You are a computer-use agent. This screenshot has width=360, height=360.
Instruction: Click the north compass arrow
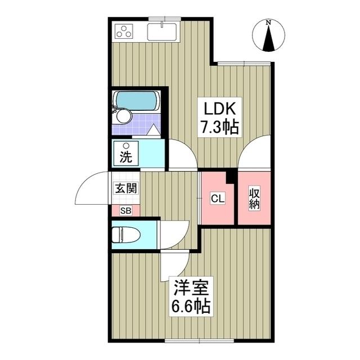tap(269, 38)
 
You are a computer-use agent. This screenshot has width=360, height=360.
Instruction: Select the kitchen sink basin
tap(163, 31)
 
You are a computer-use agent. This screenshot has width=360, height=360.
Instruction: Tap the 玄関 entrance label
tap(127, 188)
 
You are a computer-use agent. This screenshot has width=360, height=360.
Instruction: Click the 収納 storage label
tap(255, 198)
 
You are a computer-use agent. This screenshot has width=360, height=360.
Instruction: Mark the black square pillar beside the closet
tap(230, 176)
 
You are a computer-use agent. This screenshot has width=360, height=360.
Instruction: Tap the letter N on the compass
tap(269, 22)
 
